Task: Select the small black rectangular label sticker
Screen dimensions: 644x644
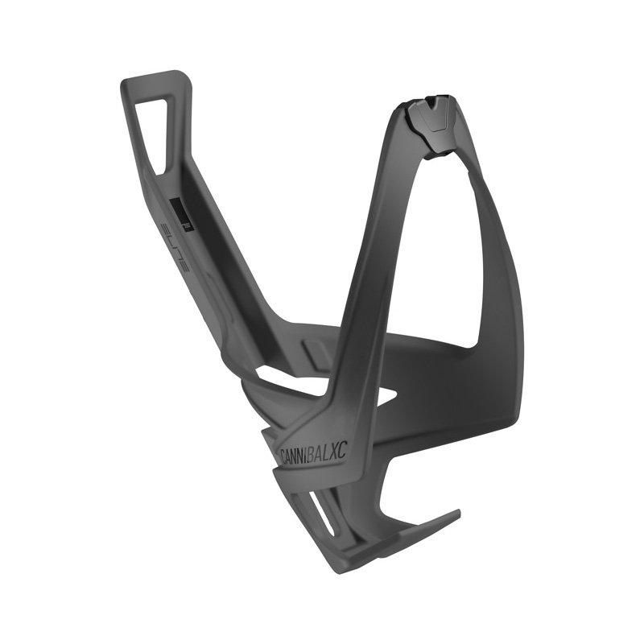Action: tap(184, 216)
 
